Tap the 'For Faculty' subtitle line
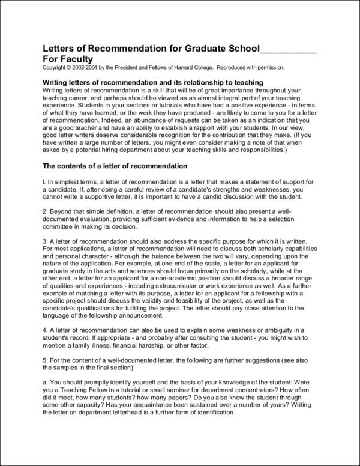point(68,59)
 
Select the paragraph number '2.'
point(45,212)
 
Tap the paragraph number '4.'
point(45,330)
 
